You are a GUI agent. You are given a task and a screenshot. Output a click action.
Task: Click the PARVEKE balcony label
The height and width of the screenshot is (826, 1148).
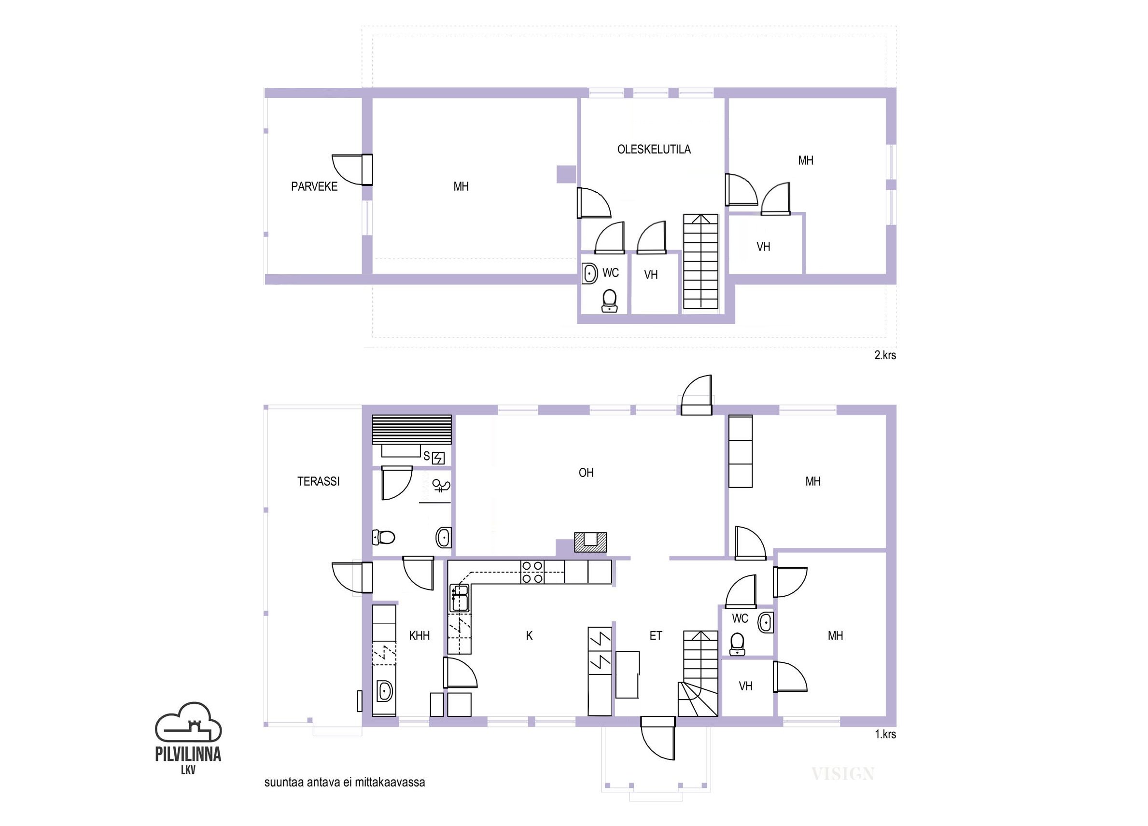(314, 187)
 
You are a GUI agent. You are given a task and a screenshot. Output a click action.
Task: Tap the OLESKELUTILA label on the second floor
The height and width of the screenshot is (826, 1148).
(654, 149)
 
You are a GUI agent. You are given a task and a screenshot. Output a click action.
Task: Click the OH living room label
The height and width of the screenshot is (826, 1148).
(586, 473)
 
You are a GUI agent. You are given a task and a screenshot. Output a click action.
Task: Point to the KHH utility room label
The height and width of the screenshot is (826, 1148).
(419, 636)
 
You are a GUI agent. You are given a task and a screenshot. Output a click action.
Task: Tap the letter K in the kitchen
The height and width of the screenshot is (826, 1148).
(529, 636)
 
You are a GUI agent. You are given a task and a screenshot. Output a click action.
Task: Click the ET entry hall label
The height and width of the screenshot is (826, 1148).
(656, 636)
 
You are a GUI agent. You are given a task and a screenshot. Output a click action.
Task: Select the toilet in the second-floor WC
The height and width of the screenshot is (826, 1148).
(609, 301)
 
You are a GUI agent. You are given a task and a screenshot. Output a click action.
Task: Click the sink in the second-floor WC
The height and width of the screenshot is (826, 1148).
(590, 274)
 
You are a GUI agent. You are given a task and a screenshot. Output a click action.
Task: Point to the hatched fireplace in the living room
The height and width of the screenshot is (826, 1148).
(590, 542)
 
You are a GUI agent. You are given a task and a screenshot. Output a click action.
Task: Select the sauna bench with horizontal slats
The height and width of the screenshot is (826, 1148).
(411, 430)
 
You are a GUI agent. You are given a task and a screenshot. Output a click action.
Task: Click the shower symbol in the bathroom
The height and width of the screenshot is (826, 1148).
(441, 487)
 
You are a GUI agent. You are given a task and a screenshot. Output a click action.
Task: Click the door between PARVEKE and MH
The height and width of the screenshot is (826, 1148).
(352, 169)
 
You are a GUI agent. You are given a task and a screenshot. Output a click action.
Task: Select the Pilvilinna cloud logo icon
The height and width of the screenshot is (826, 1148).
(188, 721)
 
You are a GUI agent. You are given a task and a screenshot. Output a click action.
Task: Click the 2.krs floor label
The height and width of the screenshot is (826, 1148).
(885, 355)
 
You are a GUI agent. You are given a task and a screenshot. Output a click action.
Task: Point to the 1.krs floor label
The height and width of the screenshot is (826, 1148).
(885, 734)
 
